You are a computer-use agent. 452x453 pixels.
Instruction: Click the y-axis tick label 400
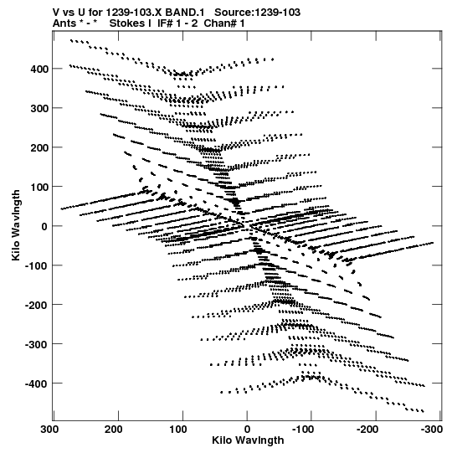pos(39,69)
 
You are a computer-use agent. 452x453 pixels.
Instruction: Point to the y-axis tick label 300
pos(39,109)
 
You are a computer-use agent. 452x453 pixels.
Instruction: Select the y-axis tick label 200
pos(39,148)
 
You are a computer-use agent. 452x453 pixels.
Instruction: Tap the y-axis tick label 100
pos(39,188)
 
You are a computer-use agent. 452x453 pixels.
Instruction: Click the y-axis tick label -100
pos(36,265)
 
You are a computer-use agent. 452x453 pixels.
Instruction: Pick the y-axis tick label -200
pos(36,305)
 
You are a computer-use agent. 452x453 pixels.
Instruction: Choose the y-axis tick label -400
pos(36,384)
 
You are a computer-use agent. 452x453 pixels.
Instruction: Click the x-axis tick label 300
pos(49,430)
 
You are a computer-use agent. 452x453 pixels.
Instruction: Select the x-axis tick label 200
pos(114,430)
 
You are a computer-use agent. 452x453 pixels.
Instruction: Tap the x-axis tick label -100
pos(303,430)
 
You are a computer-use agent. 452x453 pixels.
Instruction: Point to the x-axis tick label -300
pos(432,430)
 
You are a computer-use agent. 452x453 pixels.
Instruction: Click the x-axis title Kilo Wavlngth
pos(248,440)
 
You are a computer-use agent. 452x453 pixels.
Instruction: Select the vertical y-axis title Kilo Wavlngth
pos(16,225)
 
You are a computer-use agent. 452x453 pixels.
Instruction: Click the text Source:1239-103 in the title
pos(257,13)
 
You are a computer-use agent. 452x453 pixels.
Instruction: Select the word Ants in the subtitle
pos(64,23)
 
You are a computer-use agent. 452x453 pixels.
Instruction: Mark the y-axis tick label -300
pos(36,345)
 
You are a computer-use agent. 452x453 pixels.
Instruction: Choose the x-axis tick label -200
pos(367,430)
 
